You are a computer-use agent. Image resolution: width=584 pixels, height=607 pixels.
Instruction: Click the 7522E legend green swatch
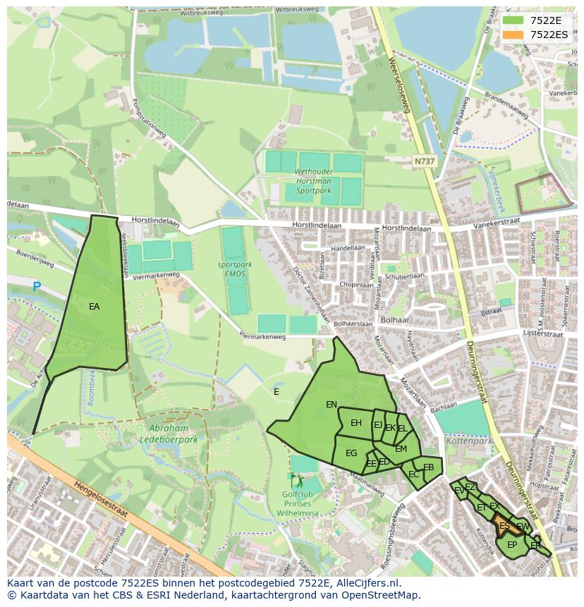pyautogui.click(x=512, y=20)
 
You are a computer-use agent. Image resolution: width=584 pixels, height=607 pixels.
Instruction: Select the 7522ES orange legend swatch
pyautogui.click(x=512, y=35)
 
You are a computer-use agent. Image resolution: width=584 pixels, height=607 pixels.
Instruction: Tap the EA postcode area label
pyautogui.click(x=94, y=307)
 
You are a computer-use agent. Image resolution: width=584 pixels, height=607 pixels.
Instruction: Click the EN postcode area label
pyautogui.click(x=331, y=405)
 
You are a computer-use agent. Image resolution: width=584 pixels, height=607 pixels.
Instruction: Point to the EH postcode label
pyautogui.click(x=356, y=423)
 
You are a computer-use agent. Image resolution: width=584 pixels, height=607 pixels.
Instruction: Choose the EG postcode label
pyautogui.click(x=351, y=453)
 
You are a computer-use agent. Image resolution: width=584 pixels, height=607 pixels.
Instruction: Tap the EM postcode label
pyautogui.click(x=401, y=449)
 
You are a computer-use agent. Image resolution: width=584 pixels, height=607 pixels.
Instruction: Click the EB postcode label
pyautogui.click(x=428, y=467)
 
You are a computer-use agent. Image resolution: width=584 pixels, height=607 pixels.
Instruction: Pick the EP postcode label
pyautogui.click(x=512, y=545)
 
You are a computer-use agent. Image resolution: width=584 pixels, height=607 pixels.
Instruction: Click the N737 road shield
pyautogui.click(x=425, y=161)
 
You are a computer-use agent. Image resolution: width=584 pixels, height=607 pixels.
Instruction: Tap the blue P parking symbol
pyautogui.click(x=37, y=287)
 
